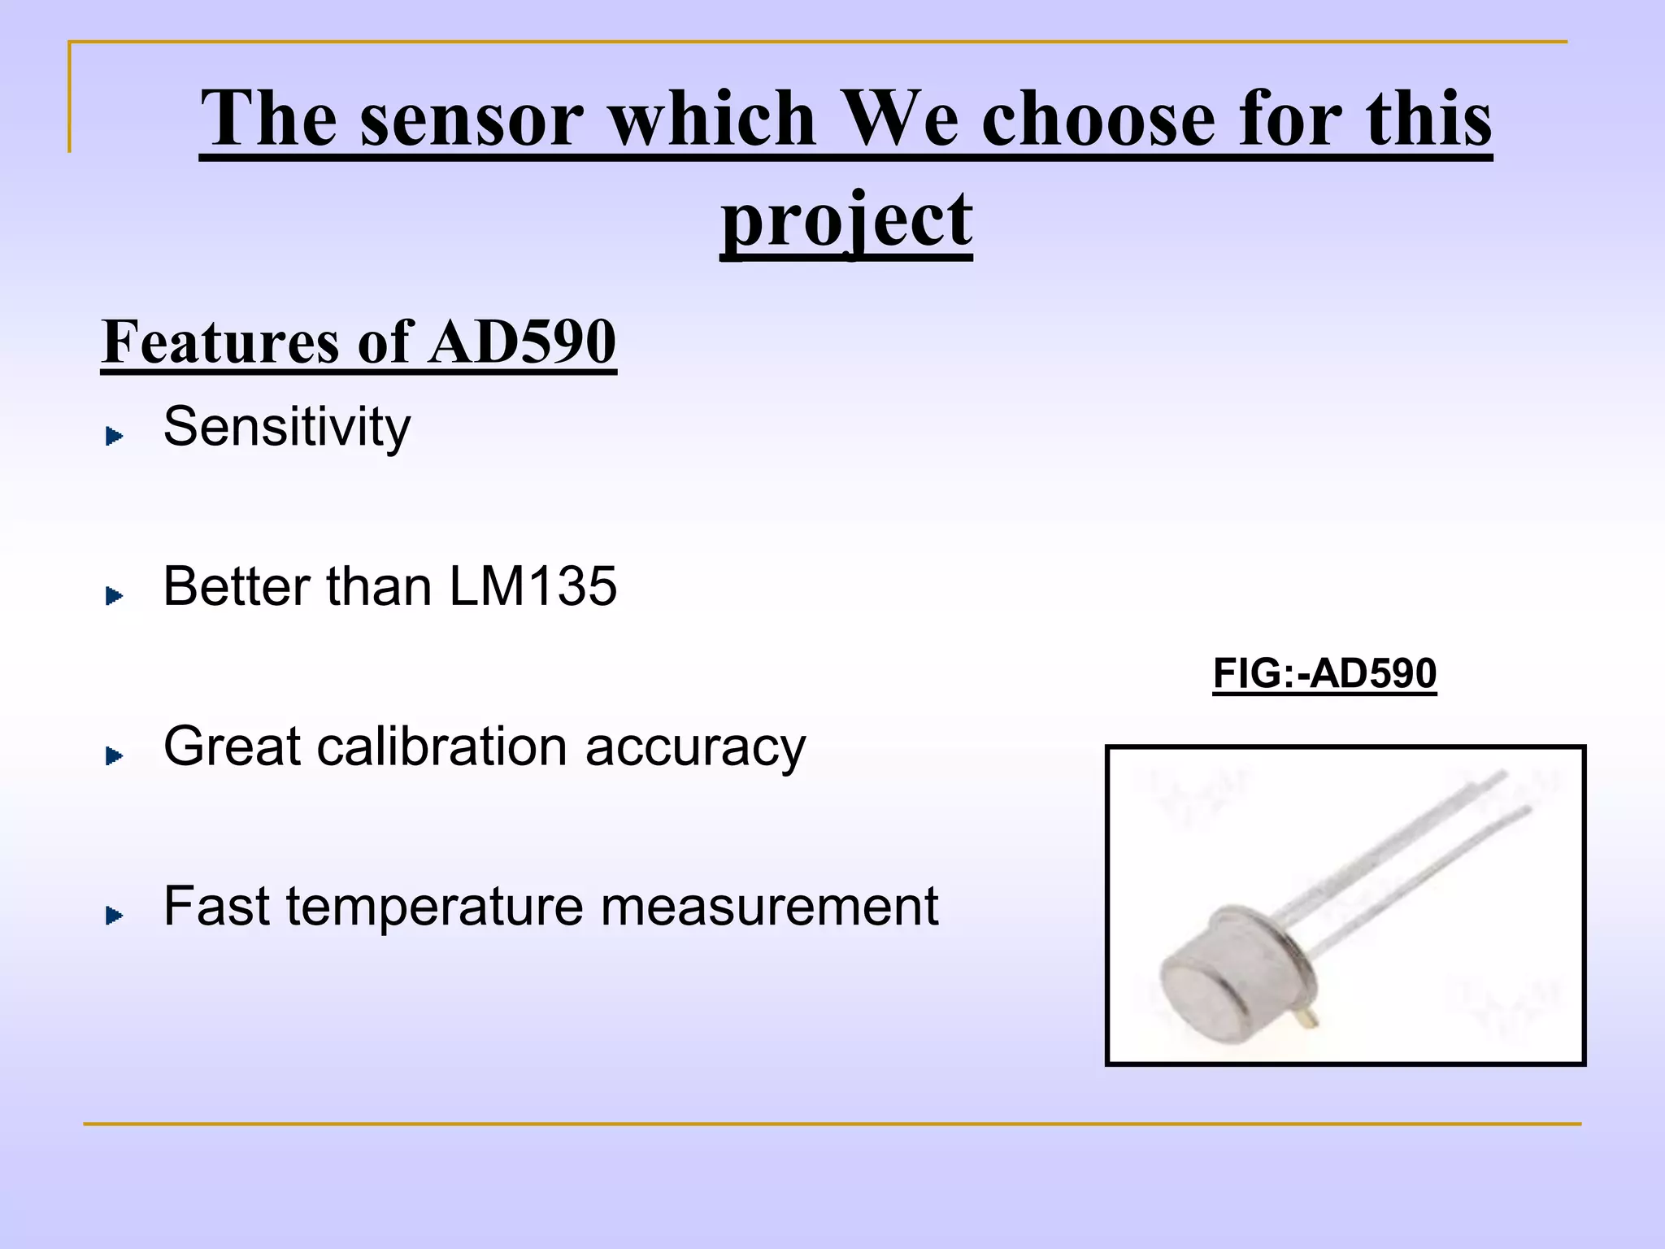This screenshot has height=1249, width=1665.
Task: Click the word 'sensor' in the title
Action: pos(472,120)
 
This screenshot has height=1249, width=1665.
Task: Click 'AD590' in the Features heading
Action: pos(523,342)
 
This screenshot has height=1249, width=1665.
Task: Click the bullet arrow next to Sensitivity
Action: pos(115,437)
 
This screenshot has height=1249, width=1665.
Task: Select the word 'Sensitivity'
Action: pos(287,427)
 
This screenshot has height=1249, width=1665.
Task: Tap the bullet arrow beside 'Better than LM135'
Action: pos(115,597)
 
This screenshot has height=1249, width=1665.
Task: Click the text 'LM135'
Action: pos(533,586)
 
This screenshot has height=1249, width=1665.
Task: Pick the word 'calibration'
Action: pos(442,746)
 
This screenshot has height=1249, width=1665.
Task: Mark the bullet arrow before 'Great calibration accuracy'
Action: pos(115,757)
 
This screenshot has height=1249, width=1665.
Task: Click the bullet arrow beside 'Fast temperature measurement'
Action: pos(115,916)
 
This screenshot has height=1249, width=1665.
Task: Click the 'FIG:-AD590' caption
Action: pos(1324,674)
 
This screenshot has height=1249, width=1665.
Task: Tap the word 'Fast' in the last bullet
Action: pos(215,906)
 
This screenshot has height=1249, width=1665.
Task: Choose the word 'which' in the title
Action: pos(712,120)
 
